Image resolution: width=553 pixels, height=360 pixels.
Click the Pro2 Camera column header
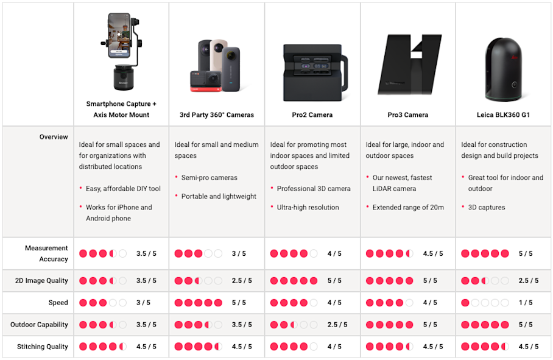tap(312, 115)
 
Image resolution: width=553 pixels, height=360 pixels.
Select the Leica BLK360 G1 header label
tap(503, 115)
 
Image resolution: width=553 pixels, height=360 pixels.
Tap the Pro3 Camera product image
tap(409, 65)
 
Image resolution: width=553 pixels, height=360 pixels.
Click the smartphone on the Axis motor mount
tap(119, 35)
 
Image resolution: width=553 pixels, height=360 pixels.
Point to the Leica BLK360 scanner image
tap(503, 69)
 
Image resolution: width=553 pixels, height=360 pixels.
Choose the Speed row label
tap(58, 303)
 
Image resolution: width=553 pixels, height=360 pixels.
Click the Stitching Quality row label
tap(42, 347)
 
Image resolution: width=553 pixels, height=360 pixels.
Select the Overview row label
tap(54, 137)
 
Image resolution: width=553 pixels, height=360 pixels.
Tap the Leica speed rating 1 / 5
tap(526, 303)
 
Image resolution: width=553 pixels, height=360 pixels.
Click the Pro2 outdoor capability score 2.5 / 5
tap(337, 325)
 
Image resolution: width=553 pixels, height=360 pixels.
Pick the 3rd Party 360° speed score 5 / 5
tap(239, 303)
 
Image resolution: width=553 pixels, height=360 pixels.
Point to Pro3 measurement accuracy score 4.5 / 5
tap(433, 253)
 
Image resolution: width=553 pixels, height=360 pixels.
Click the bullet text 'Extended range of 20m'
tap(408, 207)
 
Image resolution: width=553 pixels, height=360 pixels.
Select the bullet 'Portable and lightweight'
tap(219, 196)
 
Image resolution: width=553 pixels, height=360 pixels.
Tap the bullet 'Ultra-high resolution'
tap(308, 207)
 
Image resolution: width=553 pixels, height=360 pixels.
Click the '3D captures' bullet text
tap(487, 207)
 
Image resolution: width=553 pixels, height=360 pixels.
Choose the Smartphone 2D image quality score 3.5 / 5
tap(146, 281)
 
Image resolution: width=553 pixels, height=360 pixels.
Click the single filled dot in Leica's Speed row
tap(465, 303)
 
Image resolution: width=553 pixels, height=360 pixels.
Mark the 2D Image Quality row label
tap(41, 281)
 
